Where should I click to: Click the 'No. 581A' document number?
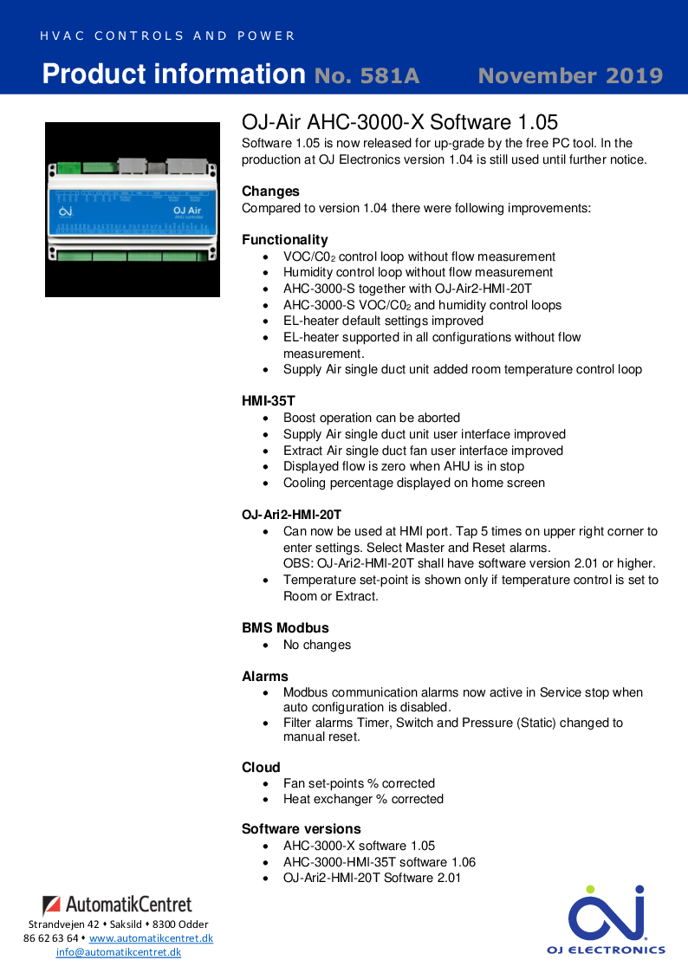point(367,76)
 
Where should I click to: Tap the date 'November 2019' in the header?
point(570,76)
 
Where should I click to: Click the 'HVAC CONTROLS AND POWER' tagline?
point(167,36)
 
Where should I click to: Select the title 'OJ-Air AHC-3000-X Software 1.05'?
point(399,122)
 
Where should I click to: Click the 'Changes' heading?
point(270,191)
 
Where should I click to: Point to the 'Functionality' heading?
point(284,240)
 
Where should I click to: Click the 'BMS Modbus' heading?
point(285,628)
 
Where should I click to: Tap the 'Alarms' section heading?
point(265,677)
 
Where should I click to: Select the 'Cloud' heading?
point(261,768)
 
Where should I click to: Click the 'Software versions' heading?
point(301,829)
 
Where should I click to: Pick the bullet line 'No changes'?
point(317,645)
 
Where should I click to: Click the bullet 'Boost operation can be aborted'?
point(372,418)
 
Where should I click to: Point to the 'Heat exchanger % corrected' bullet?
point(363,799)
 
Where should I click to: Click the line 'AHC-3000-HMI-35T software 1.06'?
point(380,862)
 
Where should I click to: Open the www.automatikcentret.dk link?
point(151,938)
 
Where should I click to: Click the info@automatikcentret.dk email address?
point(119,952)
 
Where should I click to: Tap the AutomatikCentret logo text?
point(118,905)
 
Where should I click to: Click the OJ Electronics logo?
point(606,919)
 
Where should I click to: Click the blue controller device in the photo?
point(133,211)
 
